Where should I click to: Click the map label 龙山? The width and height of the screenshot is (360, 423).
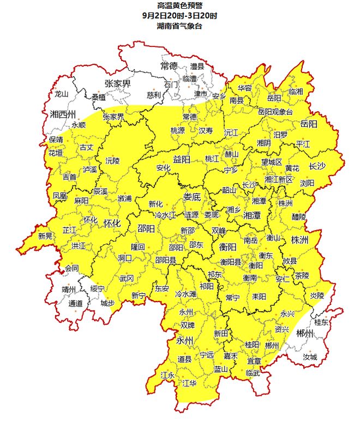[61, 94]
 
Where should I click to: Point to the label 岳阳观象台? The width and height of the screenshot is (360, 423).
[275, 111]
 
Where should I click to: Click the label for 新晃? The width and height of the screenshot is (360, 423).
[45, 236]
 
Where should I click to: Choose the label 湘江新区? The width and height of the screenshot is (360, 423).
[278, 179]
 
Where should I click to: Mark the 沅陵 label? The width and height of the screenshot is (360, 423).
[112, 161]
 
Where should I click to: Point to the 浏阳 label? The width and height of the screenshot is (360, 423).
[307, 184]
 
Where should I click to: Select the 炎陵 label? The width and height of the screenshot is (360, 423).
[317, 295]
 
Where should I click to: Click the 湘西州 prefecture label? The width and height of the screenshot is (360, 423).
[62, 114]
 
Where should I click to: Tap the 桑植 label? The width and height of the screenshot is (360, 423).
[99, 97]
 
